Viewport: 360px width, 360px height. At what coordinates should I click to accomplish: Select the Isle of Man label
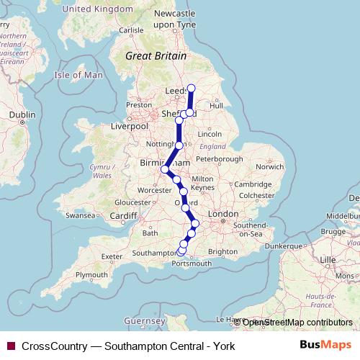click(80, 75)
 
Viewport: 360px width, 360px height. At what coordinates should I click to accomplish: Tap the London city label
click(222, 215)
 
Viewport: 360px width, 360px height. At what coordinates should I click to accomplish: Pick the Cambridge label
click(251, 185)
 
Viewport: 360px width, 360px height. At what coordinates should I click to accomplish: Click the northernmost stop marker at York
click(192, 89)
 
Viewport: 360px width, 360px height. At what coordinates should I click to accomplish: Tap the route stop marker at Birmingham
click(165, 170)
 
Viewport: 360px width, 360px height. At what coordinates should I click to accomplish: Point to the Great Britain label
click(156, 55)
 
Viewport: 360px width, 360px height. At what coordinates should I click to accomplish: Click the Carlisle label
click(131, 30)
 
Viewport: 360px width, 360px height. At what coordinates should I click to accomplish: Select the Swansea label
click(80, 215)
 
